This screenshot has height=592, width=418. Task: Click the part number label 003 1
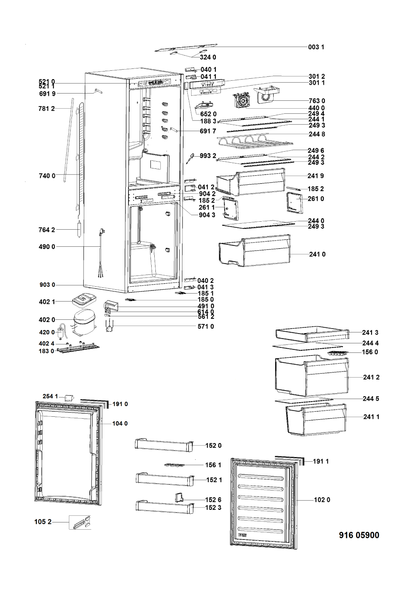coord(316,47)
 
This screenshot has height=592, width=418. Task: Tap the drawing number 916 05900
coord(359,535)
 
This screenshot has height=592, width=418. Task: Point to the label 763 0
coord(317,101)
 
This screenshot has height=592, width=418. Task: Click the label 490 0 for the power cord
coord(47,247)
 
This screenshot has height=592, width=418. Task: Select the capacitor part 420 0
coord(61,332)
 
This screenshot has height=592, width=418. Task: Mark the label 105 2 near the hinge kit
coord(43,522)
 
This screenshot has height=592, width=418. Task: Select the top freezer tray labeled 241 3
coord(312,334)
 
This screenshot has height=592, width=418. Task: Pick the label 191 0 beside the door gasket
coord(120,404)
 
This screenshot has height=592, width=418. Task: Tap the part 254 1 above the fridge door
coord(69,398)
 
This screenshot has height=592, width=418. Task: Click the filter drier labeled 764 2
coord(79,230)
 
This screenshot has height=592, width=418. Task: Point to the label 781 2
coord(47,109)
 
